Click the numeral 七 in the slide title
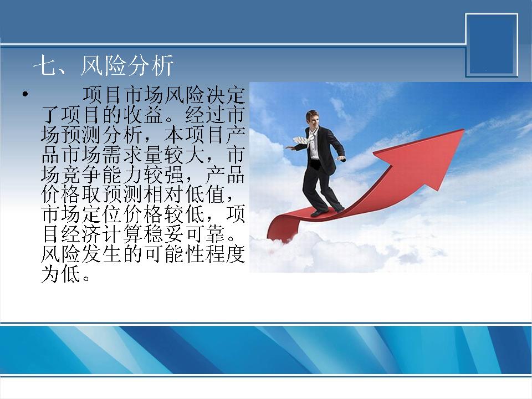[44, 65]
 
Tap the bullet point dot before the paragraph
[25, 94]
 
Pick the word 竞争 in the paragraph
[81, 175]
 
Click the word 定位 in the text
[101, 214]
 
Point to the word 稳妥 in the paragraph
[163, 233]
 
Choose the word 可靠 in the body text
[204, 233]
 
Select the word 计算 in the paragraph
[122, 233]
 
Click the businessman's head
[313, 118]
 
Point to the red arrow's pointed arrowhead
[463, 130]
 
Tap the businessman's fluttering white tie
[303, 140]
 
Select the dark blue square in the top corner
[492, 45]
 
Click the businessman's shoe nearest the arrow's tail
[319, 213]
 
